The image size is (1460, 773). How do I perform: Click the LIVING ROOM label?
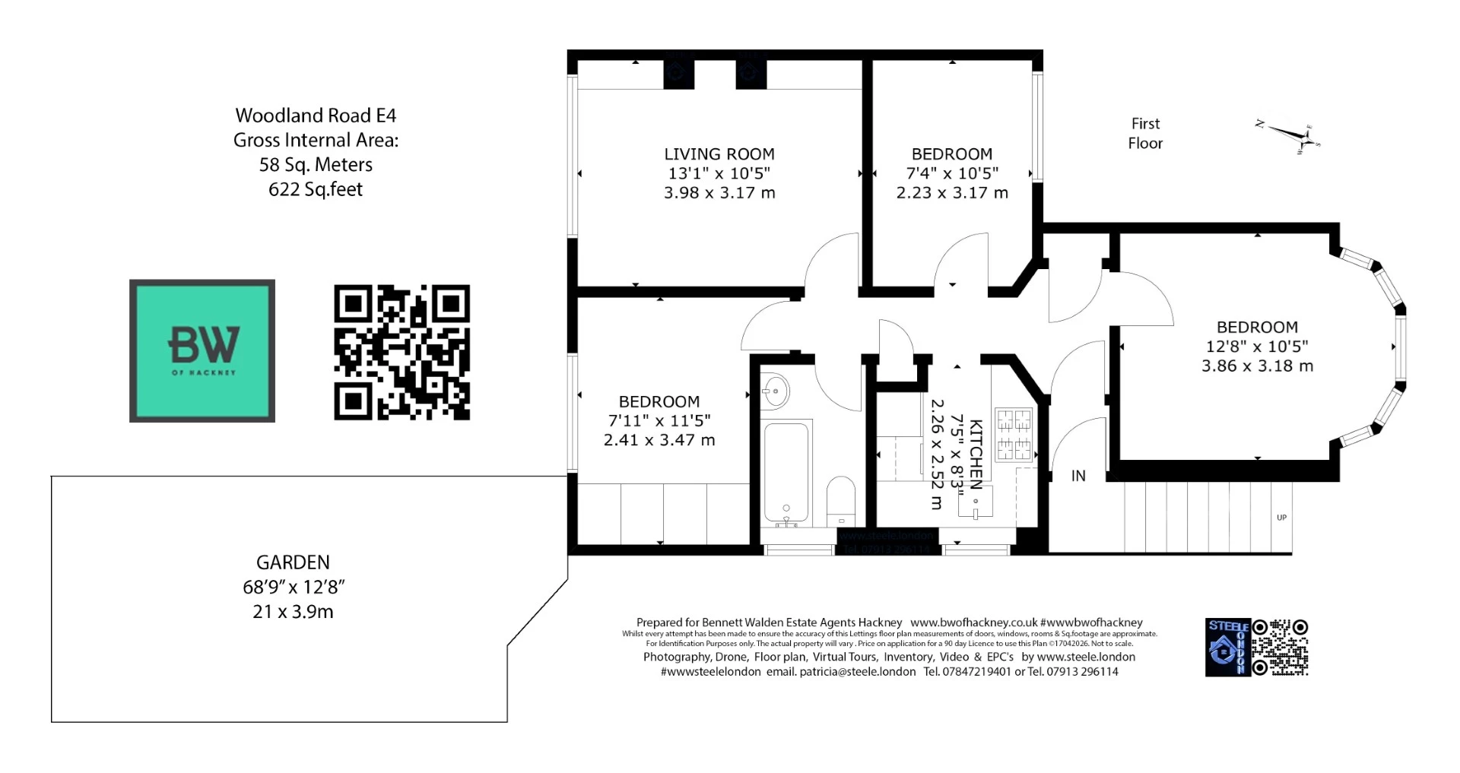click(x=719, y=154)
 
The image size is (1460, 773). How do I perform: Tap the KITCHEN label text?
click(x=976, y=454)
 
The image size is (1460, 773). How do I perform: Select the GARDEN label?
click(x=293, y=562)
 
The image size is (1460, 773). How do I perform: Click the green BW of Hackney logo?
click(x=202, y=350)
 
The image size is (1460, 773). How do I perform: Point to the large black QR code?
click(x=401, y=352)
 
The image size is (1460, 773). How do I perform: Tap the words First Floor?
click(x=1145, y=133)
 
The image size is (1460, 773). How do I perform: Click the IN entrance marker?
click(x=1078, y=476)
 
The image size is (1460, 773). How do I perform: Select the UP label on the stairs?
click(x=1281, y=518)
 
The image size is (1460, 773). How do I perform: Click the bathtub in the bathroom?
click(x=786, y=471)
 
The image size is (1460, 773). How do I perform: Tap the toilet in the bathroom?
click(x=840, y=500)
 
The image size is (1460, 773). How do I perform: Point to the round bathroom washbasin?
click(x=775, y=392)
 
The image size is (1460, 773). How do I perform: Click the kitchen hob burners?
click(x=1014, y=435)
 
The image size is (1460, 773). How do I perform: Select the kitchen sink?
click(x=976, y=505)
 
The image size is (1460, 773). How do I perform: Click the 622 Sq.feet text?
click(x=316, y=189)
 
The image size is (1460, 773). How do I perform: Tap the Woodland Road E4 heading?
click(x=316, y=116)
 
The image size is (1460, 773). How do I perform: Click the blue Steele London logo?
click(x=1227, y=648)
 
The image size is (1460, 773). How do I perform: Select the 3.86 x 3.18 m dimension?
click(x=1257, y=366)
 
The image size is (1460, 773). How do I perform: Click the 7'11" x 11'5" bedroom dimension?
click(x=659, y=421)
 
